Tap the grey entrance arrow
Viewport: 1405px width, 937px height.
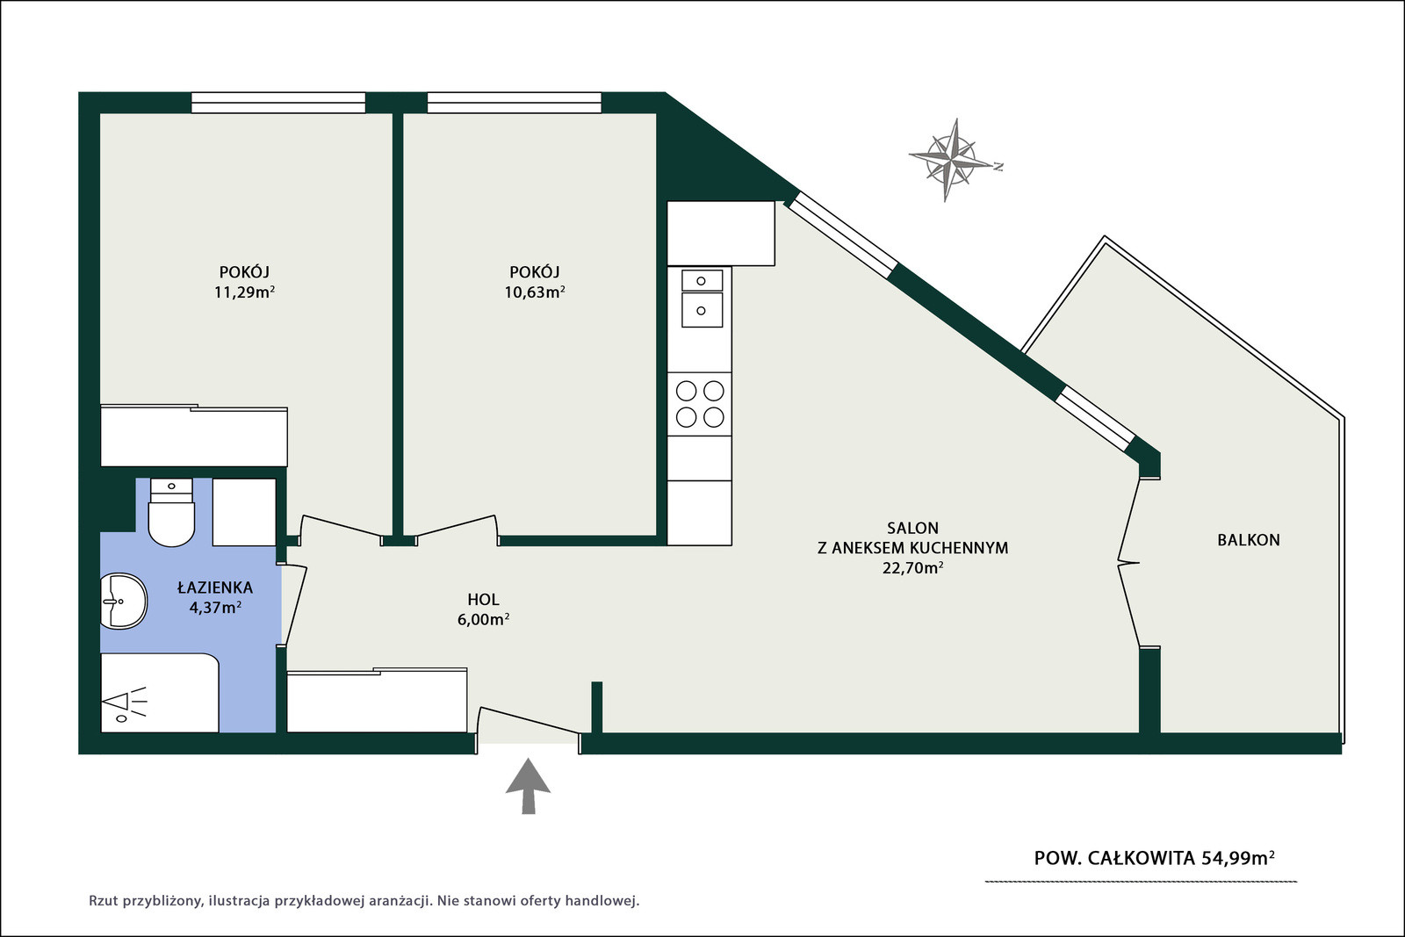(x=528, y=786)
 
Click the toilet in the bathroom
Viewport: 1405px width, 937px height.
(x=171, y=512)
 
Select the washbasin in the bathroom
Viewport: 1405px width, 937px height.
(x=124, y=601)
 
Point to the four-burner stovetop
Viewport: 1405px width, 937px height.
(x=700, y=404)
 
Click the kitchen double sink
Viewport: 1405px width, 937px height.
(x=702, y=298)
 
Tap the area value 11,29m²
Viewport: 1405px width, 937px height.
(x=245, y=292)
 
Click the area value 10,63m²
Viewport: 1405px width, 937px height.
(x=535, y=292)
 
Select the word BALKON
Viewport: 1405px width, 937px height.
(x=1249, y=540)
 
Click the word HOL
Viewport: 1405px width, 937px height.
(x=483, y=600)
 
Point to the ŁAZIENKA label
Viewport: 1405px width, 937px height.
(x=215, y=587)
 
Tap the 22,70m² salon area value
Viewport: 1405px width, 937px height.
(x=913, y=568)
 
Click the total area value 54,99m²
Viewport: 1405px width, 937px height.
(x=1238, y=857)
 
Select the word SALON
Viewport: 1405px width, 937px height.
(x=912, y=528)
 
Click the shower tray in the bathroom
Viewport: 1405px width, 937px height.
(x=159, y=692)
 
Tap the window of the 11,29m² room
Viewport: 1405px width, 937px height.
(x=278, y=102)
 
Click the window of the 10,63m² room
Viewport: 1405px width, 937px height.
(x=515, y=102)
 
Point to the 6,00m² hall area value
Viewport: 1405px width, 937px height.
(x=483, y=620)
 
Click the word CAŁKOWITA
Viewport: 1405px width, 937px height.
(x=1141, y=858)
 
